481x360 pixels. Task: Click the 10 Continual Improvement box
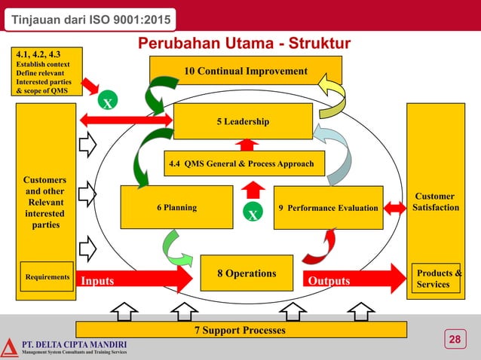coord(246,71)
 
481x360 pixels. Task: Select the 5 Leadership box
coord(243,121)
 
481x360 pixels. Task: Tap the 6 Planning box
coord(176,207)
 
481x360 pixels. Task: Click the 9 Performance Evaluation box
coord(328,207)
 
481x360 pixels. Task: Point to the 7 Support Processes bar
coord(241,330)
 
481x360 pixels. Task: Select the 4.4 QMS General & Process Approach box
coord(244,163)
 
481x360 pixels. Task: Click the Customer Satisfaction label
coord(435,202)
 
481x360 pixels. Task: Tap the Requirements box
coord(47,277)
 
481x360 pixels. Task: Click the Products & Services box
coord(437,278)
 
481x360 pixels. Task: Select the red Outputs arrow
coord(354,279)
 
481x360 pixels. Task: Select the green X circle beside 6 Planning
coord(253,215)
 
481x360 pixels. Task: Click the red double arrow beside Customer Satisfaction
coord(394,206)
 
